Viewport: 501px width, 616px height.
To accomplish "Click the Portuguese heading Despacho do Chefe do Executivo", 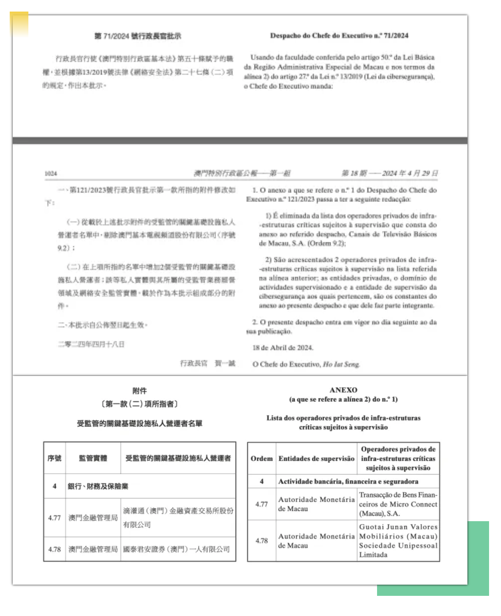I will coord(339,36).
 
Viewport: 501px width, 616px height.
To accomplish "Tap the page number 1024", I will coord(51,174).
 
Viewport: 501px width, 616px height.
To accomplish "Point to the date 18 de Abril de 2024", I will coord(283,348).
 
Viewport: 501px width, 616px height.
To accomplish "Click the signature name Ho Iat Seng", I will coord(341,364).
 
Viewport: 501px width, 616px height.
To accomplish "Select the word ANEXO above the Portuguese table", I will coord(343,390).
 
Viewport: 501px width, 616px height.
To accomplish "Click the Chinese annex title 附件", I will coord(139,391).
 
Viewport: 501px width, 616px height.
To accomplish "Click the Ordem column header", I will coord(261,458).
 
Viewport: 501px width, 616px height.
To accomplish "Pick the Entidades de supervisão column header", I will coord(316,458).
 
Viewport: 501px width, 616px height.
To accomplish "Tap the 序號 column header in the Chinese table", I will coord(55,458).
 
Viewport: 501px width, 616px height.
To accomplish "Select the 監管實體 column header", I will coord(93,458).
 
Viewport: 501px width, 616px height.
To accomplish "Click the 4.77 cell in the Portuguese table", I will coord(261,504).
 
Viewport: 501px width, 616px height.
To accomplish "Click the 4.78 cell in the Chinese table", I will coord(55,550).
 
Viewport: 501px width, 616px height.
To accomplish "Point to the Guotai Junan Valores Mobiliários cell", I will coord(398,541).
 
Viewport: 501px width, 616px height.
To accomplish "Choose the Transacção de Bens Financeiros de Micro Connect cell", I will coord(398,504).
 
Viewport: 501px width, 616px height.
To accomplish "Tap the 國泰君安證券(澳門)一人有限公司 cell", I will coord(177,550).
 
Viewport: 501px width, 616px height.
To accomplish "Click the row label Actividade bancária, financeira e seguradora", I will coord(348,482).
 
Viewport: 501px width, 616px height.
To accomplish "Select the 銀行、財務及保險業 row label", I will coord(98,486).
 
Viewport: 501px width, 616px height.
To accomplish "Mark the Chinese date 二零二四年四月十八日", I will coord(91,344).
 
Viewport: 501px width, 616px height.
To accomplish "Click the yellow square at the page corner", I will coord(19,23).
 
